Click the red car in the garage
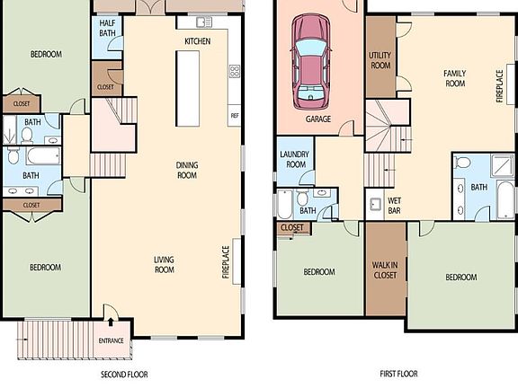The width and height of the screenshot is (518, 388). click(x=310, y=62)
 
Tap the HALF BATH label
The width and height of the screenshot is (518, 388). click(x=107, y=28)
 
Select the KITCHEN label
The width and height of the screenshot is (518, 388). click(x=198, y=41)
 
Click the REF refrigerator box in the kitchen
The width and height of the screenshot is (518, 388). click(x=235, y=116)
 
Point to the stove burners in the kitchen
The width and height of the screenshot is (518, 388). click(x=235, y=72)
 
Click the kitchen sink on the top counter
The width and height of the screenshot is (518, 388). click(x=204, y=22)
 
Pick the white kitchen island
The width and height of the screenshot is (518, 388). click(x=187, y=88)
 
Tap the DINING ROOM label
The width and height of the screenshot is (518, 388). click(x=187, y=170)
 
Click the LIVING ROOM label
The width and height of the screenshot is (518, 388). click(x=165, y=265)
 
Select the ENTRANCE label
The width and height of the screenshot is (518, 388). click(x=111, y=340)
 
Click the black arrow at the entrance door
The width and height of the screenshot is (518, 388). click(x=111, y=322)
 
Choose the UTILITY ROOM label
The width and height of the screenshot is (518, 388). click(x=380, y=60)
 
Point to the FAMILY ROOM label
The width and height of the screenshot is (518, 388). click(x=455, y=78)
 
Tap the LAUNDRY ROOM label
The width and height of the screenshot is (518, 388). click(x=294, y=159)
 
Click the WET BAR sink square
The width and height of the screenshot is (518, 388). click(x=376, y=205)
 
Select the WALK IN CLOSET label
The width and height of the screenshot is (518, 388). click(x=385, y=270)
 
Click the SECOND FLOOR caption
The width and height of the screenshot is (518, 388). click(x=124, y=375)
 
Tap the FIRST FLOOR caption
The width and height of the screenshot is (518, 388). click(x=398, y=374)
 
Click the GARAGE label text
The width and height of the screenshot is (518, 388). click(x=318, y=119)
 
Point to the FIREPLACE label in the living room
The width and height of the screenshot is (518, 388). click(x=226, y=262)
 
